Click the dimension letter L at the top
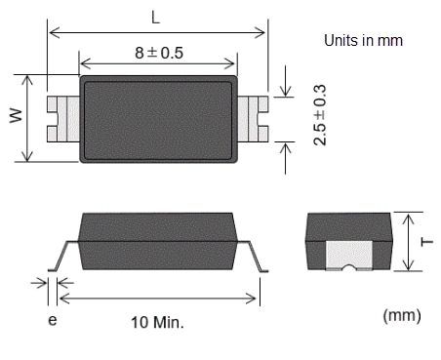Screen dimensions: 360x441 tap(156, 17)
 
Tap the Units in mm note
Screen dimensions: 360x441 tap(363, 41)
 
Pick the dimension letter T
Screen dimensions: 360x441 tap(423, 240)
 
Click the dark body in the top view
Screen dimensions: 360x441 tap(158, 118)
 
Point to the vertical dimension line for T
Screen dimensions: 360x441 tap(409, 240)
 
